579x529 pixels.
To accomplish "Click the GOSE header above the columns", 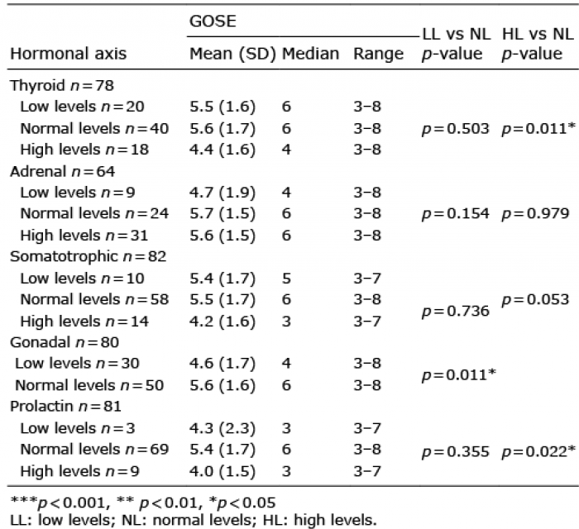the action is click(213, 21).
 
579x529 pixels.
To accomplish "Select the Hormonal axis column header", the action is click(69, 54).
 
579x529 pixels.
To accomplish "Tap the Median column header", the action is click(310, 54).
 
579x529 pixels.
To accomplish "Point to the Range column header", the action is click(379, 55).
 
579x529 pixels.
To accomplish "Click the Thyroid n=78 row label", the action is click(62, 85).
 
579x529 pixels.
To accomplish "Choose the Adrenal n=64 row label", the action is click(62, 171).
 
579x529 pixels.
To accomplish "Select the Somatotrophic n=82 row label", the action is click(89, 256).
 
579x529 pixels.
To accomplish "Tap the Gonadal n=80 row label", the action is click(65, 342).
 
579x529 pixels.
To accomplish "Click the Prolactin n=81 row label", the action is click(65, 406).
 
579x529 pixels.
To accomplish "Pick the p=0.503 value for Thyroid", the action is click(455, 129).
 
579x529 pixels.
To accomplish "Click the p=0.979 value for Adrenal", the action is click(535, 213).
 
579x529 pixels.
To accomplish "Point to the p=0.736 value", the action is click(456, 311).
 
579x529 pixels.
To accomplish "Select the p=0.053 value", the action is click(535, 299).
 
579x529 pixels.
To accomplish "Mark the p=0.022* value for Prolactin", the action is click(538, 451).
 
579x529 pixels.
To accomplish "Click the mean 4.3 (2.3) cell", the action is click(223, 429).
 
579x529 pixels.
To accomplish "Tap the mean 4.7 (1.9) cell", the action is click(223, 193).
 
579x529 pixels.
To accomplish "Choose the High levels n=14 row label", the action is click(84, 322).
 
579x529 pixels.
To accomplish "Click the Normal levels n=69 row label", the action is click(94, 450).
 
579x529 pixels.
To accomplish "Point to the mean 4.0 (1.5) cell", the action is click(223, 471).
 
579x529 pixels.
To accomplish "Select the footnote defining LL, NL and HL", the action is click(194, 520).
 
